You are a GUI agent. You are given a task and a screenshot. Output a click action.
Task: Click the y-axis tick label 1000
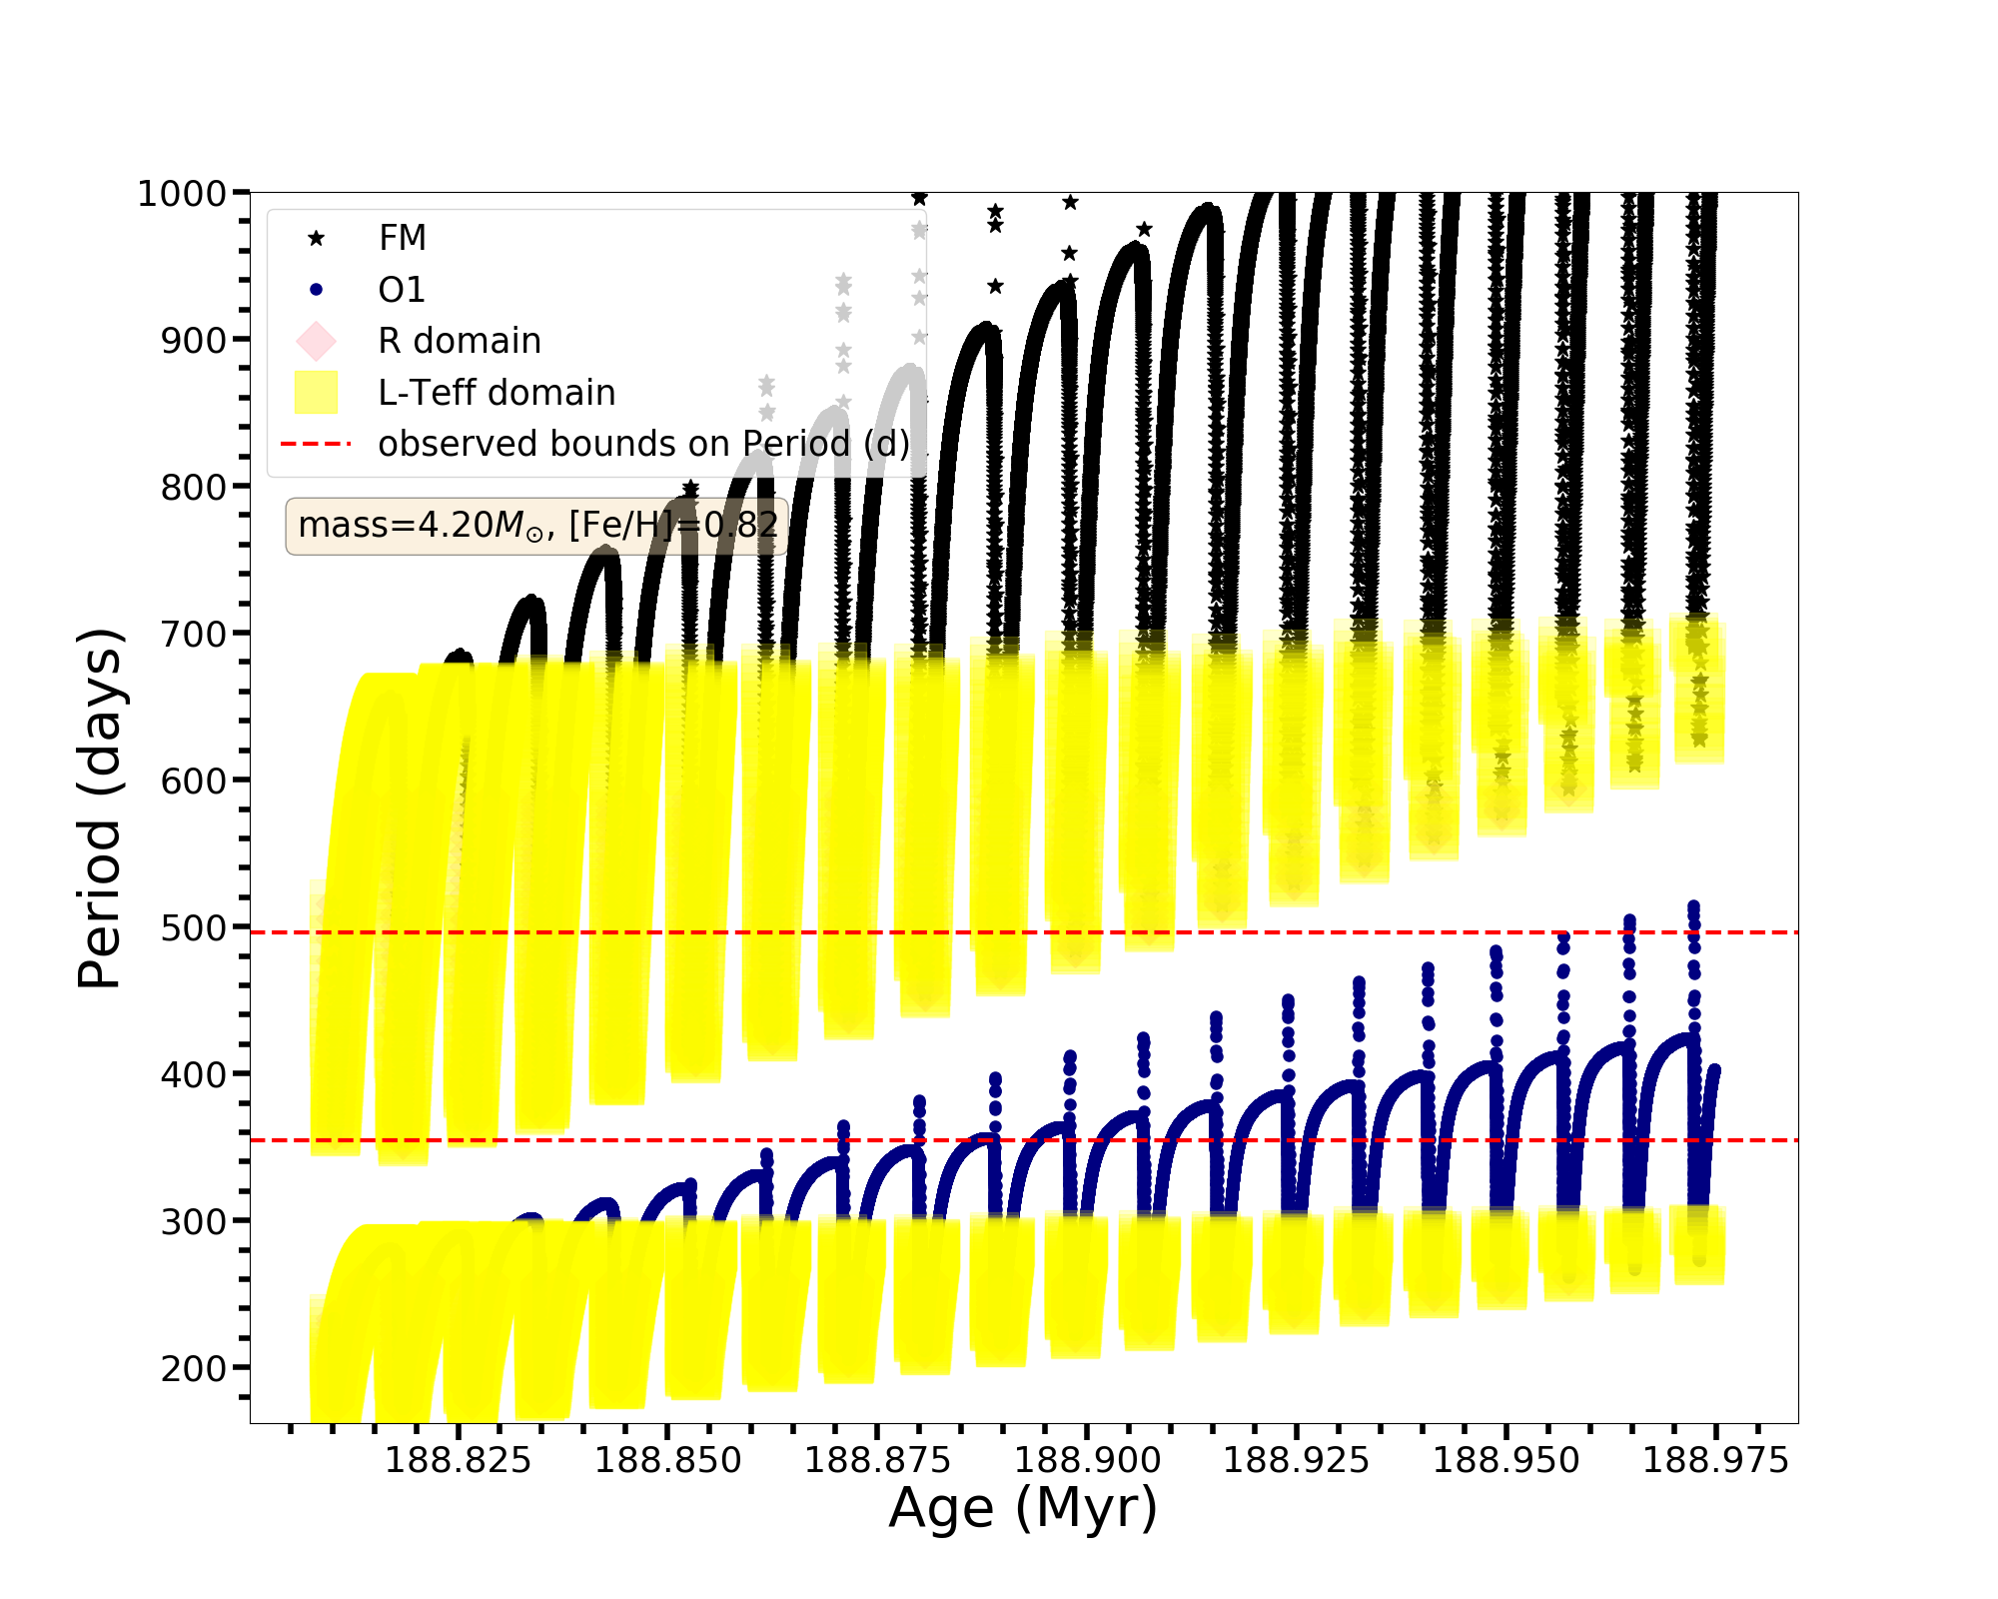tap(181, 193)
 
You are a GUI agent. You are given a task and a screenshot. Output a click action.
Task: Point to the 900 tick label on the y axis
tap(193, 340)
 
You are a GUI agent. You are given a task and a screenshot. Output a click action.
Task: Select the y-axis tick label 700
tap(193, 634)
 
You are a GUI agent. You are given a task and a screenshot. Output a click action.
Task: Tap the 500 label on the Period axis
tap(193, 927)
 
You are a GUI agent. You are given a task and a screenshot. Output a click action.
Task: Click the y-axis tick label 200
tap(193, 1368)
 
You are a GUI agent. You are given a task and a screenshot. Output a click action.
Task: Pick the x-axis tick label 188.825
tap(458, 1460)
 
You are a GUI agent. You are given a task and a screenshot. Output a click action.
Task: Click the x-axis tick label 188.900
tap(1087, 1460)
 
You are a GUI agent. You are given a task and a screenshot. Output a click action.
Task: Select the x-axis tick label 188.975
tap(1715, 1460)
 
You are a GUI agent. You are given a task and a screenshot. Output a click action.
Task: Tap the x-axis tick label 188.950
tap(1505, 1460)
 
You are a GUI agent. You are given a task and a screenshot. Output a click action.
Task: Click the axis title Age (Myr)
tap(1023, 1508)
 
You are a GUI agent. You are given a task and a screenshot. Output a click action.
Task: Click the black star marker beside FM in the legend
tap(316, 238)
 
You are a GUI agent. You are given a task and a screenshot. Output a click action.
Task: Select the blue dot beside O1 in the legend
tap(316, 290)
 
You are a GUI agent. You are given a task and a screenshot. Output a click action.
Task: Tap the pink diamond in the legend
tap(316, 341)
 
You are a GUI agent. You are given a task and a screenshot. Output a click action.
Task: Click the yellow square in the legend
tap(316, 393)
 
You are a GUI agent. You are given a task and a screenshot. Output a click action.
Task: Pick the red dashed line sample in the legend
tap(316, 444)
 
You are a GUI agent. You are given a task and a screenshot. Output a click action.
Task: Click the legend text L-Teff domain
tap(497, 393)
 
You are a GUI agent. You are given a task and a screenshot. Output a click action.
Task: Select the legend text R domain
tap(460, 341)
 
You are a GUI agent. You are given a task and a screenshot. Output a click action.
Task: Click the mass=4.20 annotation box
tap(537, 526)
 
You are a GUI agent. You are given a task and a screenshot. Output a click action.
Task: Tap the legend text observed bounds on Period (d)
tap(643, 444)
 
